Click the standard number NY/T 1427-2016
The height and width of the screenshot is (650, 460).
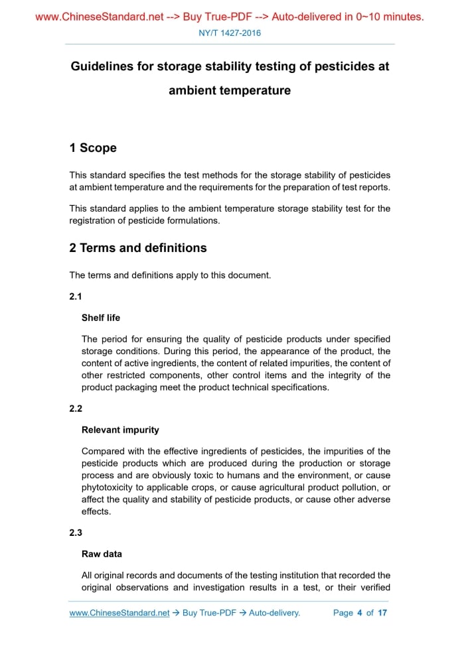[x=230, y=32]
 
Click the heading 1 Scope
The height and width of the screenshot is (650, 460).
[x=93, y=148]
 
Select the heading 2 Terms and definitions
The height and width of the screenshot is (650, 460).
[x=138, y=248]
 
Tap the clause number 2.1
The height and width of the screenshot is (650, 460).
[x=76, y=296]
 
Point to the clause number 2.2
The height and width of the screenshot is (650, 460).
[x=76, y=409]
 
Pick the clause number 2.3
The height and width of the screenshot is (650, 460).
[x=76, y=533]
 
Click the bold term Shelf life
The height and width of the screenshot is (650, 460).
[x=101, y=318]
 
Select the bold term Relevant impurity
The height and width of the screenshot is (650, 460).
[x=120, y=430]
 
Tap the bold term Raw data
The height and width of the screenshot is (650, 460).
[x=102, y=554]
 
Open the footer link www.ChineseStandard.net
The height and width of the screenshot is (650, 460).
[x=119, y=613]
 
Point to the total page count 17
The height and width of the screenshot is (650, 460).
[x=382, y=613]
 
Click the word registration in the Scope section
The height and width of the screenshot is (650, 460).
[x=94, y=220]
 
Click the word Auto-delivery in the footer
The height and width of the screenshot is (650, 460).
[x=274, y=613]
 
